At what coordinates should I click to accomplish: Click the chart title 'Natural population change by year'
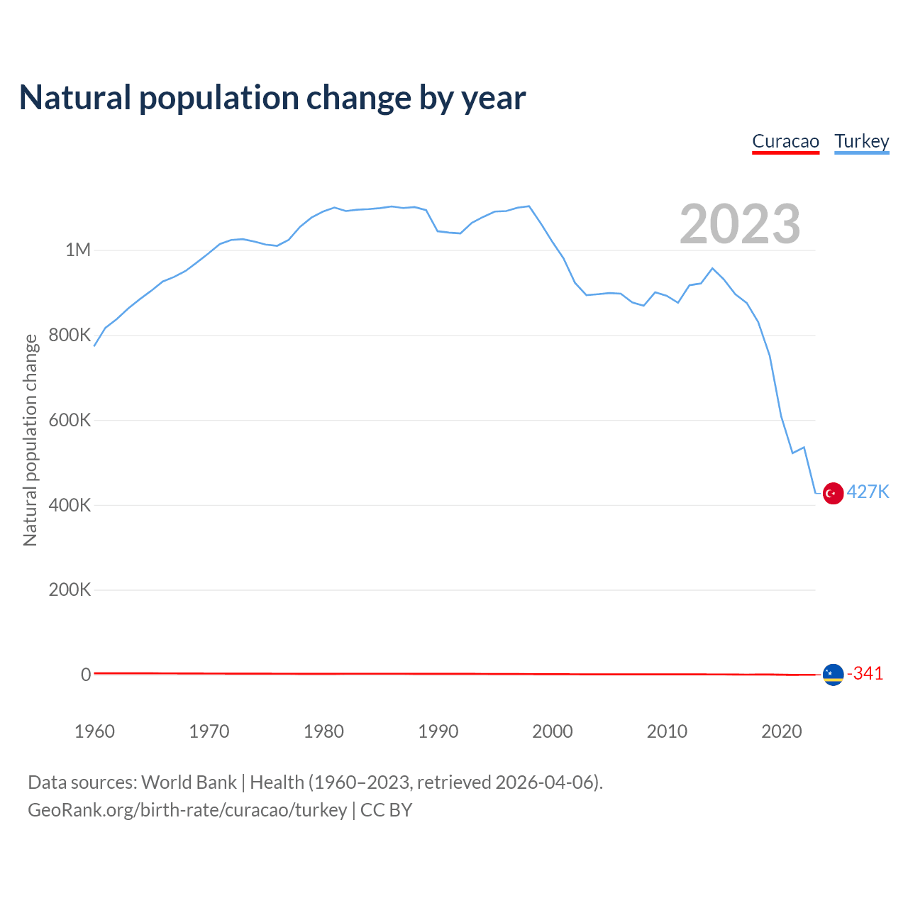[x=272, y=98]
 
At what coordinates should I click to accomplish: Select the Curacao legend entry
[x=785, y=141]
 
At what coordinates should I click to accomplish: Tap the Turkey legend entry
[x=861, y=141]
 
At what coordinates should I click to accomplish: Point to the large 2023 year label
[x=740, y=224]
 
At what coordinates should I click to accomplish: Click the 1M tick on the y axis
[x=78, y=250]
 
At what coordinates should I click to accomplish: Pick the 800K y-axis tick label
[x=70, y=335]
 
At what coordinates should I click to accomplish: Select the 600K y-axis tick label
[x=70, y=420]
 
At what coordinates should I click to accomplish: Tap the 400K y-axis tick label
[x=70, y=505]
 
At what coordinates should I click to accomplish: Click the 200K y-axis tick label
[x=70, y=589]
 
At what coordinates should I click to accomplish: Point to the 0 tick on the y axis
[x=86, y=675]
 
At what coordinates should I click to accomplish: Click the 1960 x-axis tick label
[x=94, y=731]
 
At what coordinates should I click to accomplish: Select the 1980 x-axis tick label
[x=323, y=731]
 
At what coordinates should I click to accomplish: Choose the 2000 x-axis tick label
[x=553, y=731]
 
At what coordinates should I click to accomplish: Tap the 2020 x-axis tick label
[x=781, y=731]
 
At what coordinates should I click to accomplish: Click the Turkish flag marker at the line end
[x=833, y=493]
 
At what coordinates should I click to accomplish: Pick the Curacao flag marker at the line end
[x=833, y=675]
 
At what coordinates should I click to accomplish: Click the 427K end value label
[x=868, y=492]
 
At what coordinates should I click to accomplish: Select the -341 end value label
[x=865, y=673]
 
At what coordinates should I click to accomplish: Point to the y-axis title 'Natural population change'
[x=31, y=441]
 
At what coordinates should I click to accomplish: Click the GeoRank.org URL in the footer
[x=187, y=810]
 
